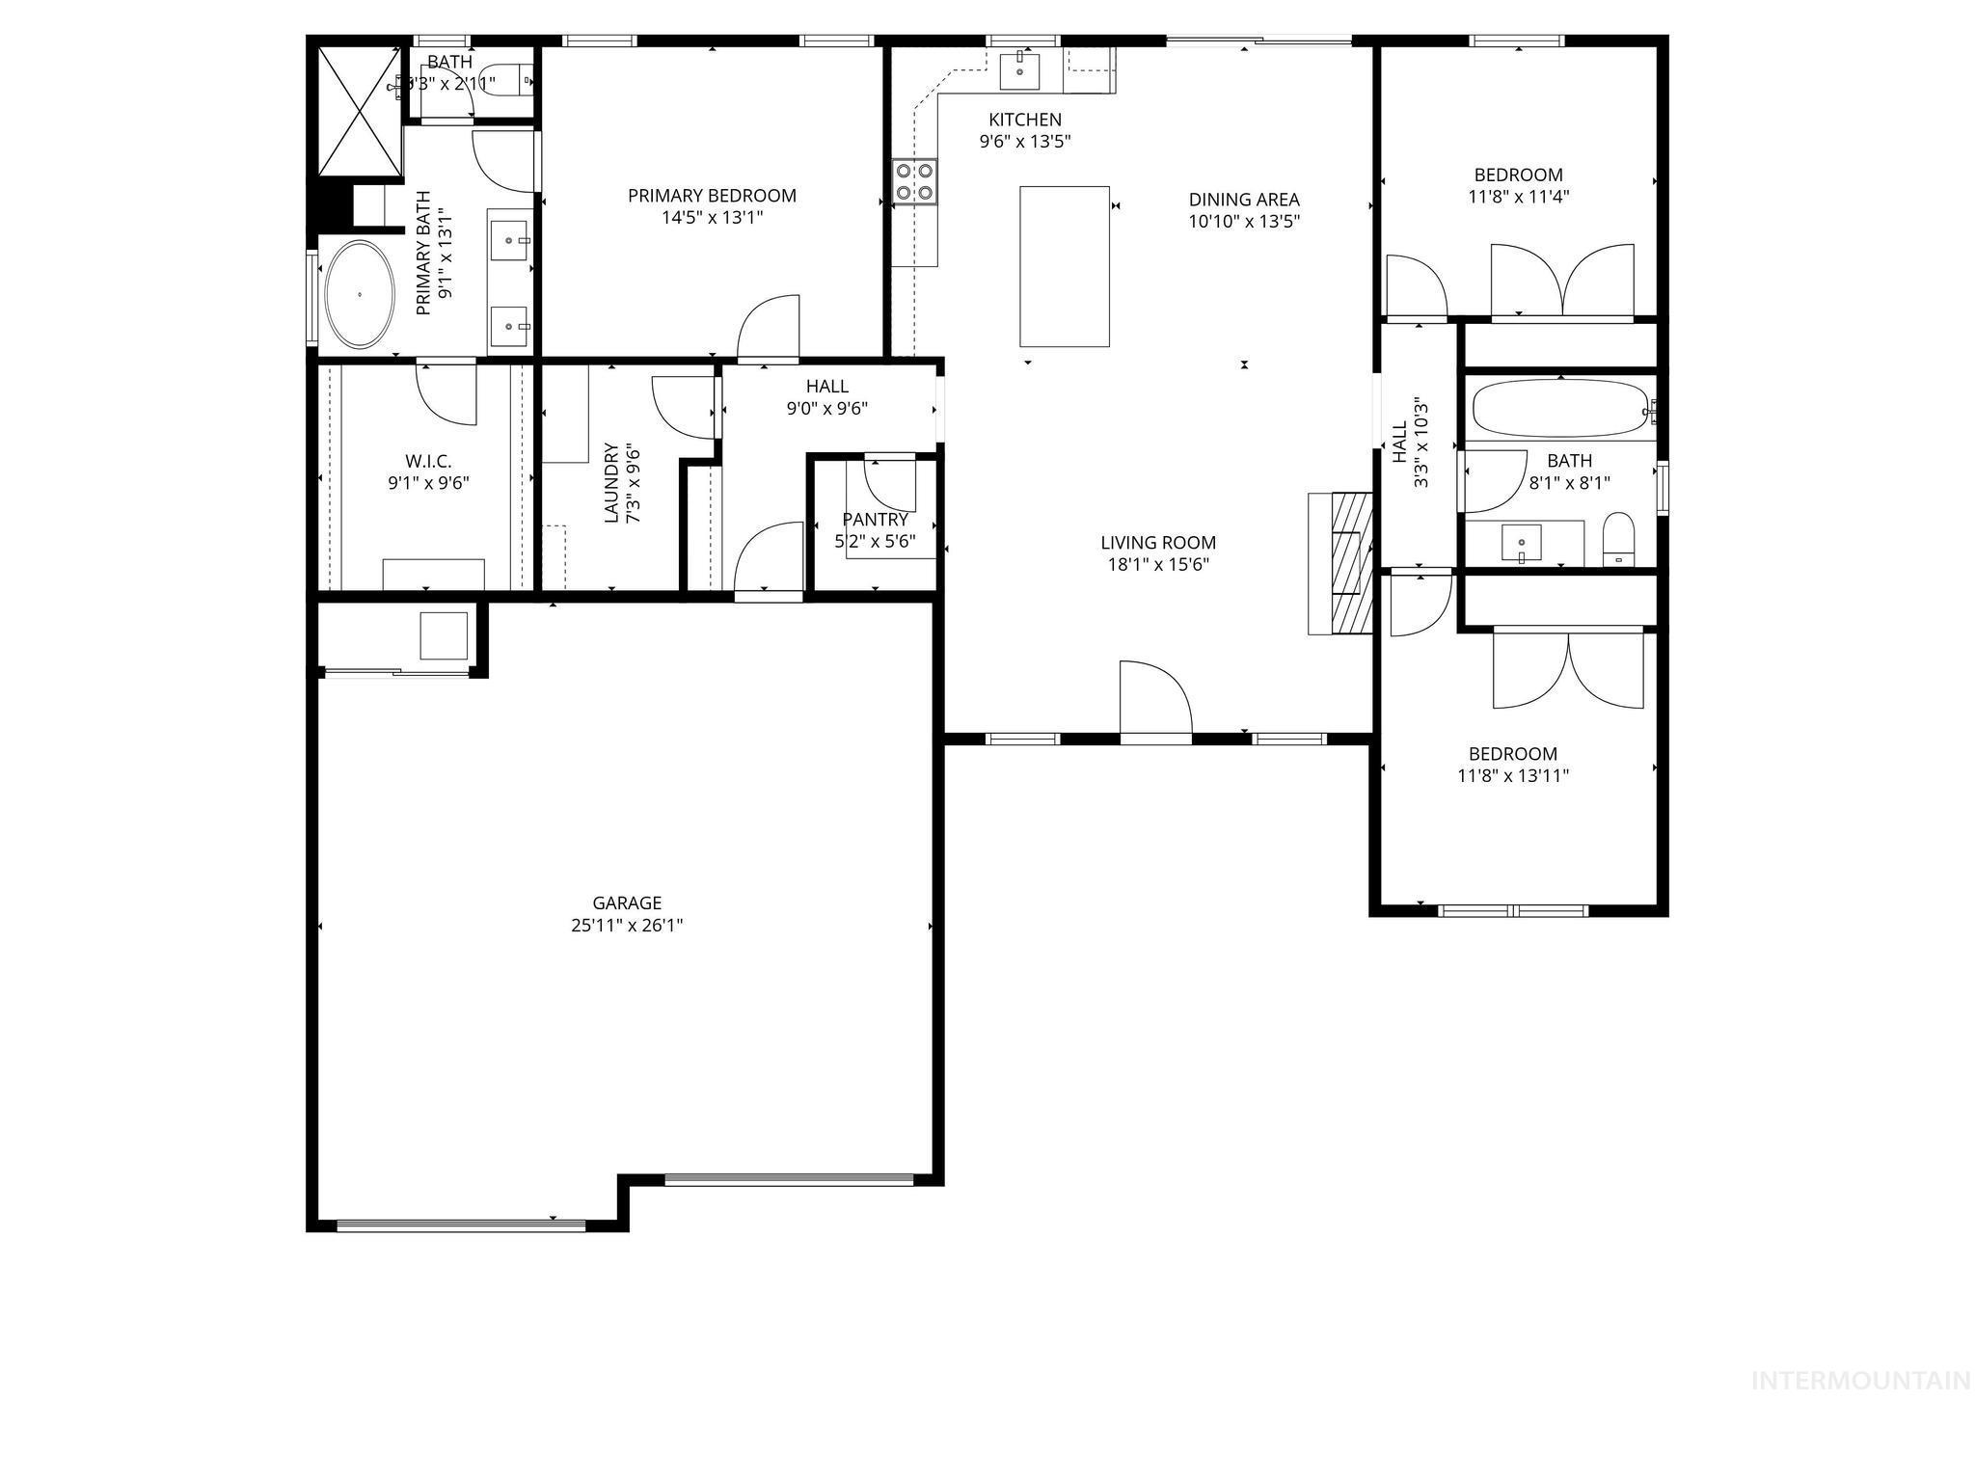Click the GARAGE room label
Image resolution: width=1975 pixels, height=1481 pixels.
point(627,903)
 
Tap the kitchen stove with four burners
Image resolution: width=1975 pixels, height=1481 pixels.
point(914,181)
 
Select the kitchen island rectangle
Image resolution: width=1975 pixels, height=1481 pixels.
point(1064,266)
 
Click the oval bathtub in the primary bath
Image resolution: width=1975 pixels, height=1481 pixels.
point(360,294)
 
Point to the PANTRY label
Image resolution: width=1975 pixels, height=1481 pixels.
point(875,520)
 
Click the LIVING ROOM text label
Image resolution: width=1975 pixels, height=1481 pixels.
point(1158,543)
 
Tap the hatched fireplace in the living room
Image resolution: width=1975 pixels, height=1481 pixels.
point(1350,563)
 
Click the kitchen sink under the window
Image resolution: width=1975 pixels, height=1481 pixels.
point(1020,70)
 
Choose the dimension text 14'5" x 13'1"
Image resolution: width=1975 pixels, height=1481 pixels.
point(712,218)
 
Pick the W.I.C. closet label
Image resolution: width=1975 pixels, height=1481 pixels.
point(428,461)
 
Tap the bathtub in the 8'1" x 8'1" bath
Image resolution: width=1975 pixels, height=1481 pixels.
point(1559,409)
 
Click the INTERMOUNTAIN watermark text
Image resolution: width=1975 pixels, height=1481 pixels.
point(1860,1381)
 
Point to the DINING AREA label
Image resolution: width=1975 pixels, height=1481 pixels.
point(1244,200)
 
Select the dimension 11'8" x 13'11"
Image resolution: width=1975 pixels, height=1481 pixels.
point(1513,775)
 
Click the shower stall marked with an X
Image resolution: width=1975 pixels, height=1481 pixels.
point(359,109)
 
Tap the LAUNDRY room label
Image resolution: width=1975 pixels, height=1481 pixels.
point(611,482)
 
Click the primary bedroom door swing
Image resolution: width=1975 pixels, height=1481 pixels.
point(770,328)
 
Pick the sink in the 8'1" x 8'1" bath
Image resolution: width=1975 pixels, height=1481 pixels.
point(1522,543)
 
